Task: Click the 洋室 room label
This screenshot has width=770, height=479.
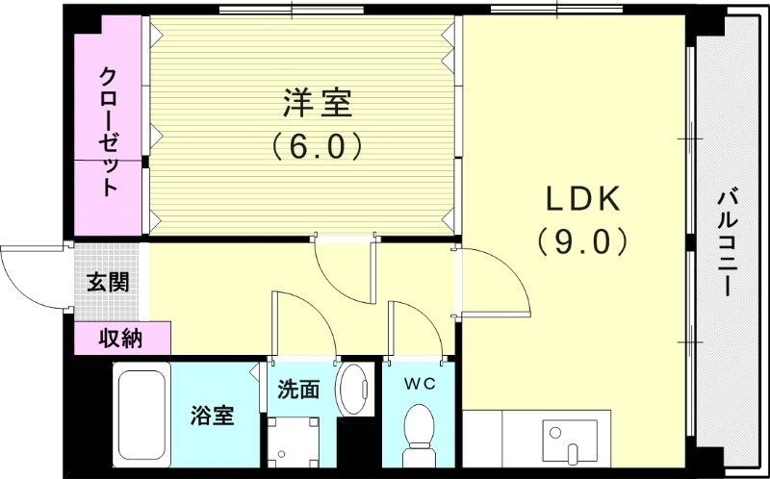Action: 317,101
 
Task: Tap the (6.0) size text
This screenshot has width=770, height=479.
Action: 317,146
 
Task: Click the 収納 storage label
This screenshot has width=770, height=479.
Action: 121,338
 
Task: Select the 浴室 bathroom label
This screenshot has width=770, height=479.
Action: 212,416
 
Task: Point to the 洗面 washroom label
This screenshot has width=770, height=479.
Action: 298,390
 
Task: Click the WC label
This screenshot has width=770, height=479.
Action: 420,384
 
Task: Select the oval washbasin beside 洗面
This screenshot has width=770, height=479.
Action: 355,390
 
